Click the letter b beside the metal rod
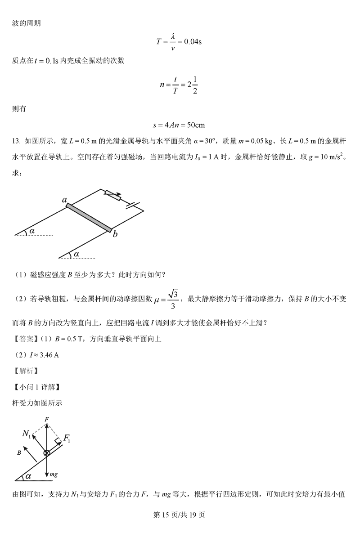115,233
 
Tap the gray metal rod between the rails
89,218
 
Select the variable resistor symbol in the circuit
112,196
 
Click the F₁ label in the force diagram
67,439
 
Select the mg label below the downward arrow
54,475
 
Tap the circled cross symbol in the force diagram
47,452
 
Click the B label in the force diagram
19,454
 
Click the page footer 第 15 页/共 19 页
180,515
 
